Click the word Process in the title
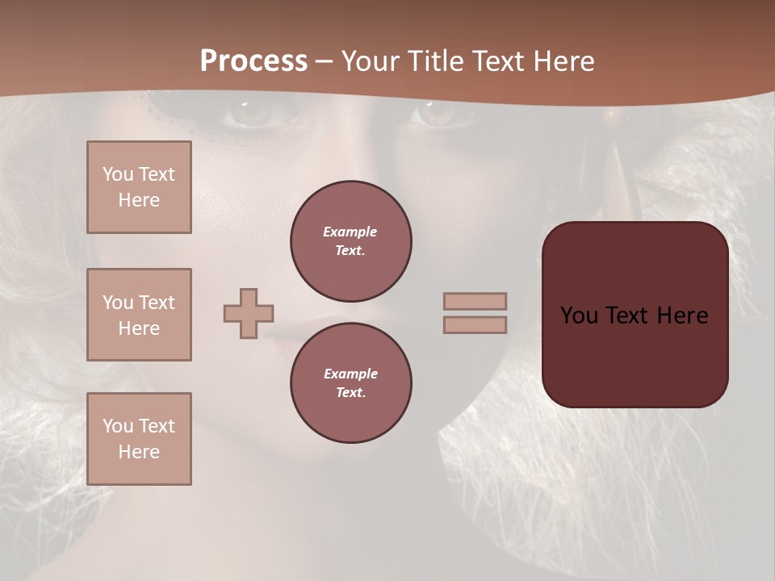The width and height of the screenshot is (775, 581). coord(253,61)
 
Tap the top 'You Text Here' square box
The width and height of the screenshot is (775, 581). coord(139,187)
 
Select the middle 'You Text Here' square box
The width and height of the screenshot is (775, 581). coord(139,315)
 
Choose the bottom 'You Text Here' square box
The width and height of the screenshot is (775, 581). coord(139,439)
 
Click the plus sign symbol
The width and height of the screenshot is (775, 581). coord(249,313)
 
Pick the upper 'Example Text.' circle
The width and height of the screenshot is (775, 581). coord(351,241)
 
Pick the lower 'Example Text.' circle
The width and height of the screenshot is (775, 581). coord(351,383)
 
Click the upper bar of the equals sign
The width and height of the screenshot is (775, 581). coord(475,301)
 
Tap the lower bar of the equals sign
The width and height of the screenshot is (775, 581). coord(475,324)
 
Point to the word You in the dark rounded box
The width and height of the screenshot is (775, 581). coord(579,316)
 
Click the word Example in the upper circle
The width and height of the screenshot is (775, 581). coord(350,232)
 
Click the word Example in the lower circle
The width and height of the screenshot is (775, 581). coord(350,374)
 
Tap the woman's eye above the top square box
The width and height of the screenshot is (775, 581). coord(252,115)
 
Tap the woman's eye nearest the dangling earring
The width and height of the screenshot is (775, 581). coord(436,115)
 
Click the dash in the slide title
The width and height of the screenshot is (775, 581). coord(324,61)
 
